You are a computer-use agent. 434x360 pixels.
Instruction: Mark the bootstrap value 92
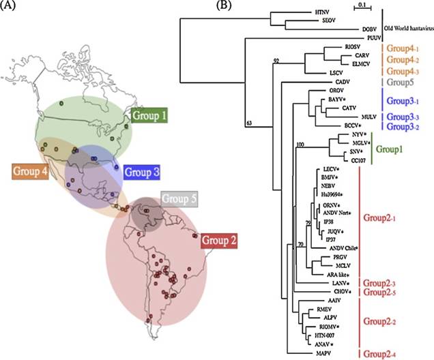(276, 61)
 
